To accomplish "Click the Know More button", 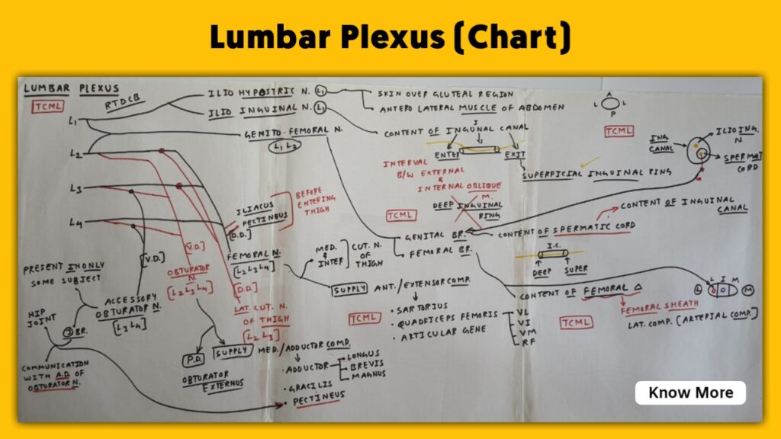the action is [x=690, y=393].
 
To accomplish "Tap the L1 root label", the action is [x=72, y=120].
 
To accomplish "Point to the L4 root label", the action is [x=75, y=223].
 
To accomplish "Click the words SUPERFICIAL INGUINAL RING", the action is [x=596, y=174].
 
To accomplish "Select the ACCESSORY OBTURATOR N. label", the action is [x=127, y=306].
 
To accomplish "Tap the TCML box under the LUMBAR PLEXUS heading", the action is [x=47, y=106].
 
